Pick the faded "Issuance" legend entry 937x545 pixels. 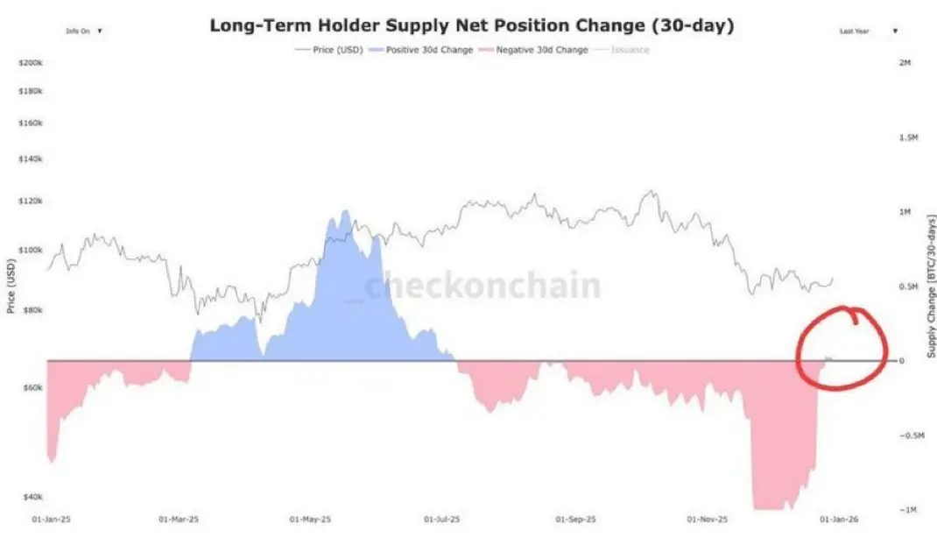[x=631, y=50]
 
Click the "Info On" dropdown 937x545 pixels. [x=84, y=31]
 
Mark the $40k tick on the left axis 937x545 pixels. [x=32, y=497]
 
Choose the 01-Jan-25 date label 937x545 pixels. [x=51, y=519]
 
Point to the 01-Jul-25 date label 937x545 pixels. [x=440, y=519]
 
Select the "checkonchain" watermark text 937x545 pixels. [x=482, y=287]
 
